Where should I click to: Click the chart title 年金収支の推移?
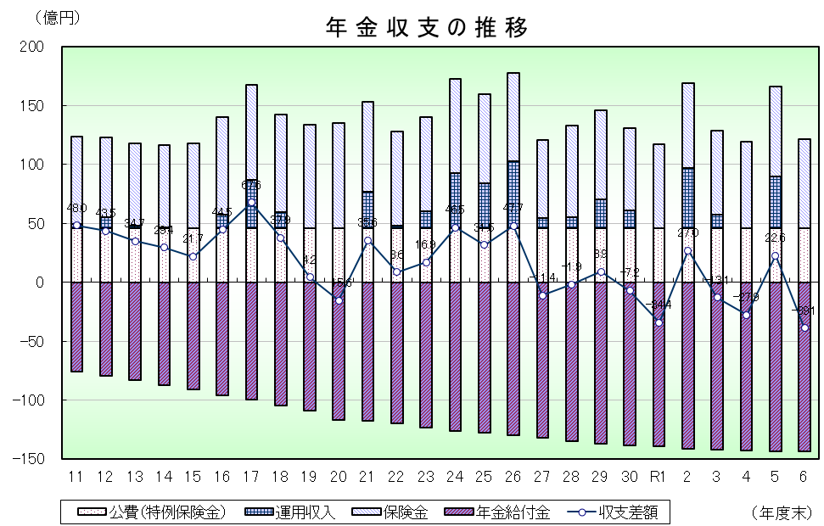coord(427,28)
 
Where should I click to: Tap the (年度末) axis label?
coord(782,512)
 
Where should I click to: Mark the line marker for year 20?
coord(339,300)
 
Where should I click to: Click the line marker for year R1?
coord(659,322)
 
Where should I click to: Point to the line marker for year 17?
coord(251,203)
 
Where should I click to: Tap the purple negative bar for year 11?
coord(76,327)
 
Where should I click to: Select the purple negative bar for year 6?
coord(804,367)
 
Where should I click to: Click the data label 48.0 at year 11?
coord(76,209)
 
